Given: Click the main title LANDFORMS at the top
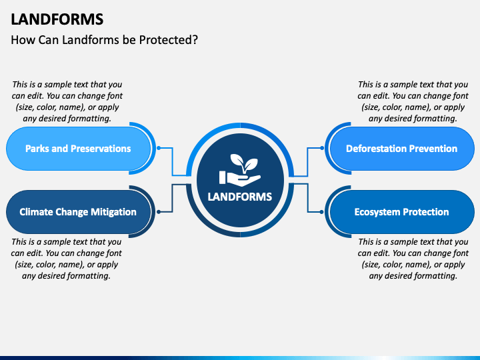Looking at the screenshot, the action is point(57,19).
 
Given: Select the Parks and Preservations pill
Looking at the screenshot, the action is point(79,149).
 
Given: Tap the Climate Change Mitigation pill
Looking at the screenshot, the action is point(79,212).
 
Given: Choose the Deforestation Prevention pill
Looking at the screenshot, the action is point(402,149).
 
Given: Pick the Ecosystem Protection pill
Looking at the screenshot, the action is point(402,212).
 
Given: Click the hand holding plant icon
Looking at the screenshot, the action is point(240,170).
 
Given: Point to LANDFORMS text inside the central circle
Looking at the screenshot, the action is point(240,197).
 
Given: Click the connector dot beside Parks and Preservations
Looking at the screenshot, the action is point(159,148).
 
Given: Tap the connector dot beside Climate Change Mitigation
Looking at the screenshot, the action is point(159,212).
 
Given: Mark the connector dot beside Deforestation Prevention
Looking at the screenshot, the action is point(322,148).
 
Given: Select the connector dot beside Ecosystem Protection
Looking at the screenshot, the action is point(322,212).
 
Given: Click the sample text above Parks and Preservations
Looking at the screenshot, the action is point(67,101).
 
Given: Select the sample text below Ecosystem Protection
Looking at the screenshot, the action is point(413,259).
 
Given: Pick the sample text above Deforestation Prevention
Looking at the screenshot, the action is point(413,101).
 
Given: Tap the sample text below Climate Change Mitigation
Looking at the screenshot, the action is point(67,259).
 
